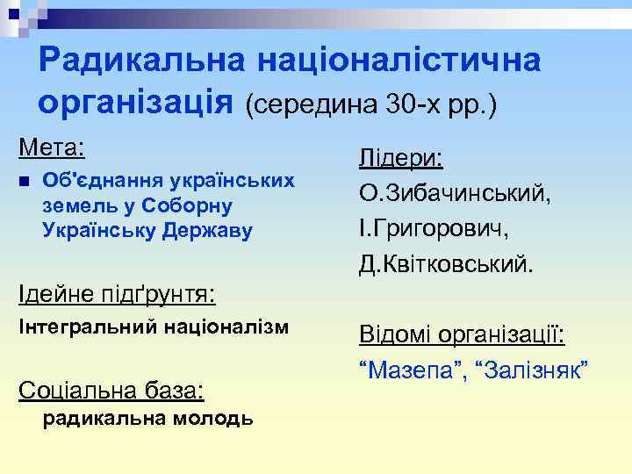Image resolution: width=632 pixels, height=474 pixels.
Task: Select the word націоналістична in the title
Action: click(x=398, y=61)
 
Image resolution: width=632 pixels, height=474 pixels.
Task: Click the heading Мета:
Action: click(x=52, y=145)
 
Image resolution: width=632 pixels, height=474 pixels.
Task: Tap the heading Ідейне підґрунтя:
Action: click(x=118, y=290)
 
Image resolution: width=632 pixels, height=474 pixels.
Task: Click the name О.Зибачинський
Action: click(x=455, y=193)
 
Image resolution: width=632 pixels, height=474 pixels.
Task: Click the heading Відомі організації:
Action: click(x=461, y=335)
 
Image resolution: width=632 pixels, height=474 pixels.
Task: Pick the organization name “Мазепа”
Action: click(x=411, y=370)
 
